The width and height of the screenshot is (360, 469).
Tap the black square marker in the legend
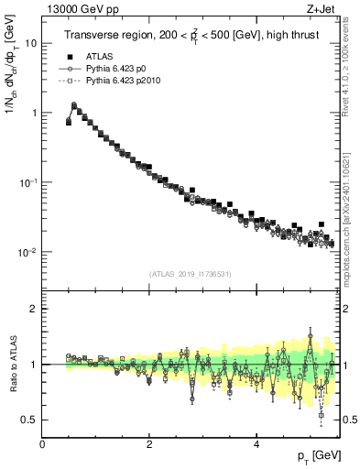coord(70,56)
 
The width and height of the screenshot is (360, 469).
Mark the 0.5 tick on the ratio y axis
coord(31,420)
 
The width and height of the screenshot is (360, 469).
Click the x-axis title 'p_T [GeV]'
coord(318,456)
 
